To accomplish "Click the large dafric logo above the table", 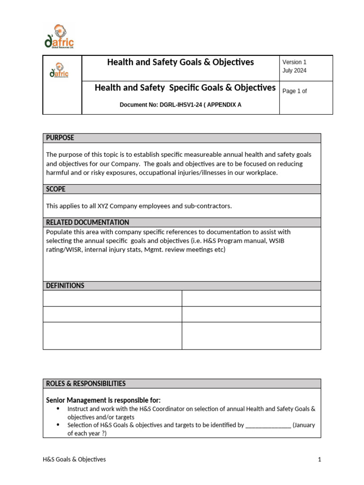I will point(59,37).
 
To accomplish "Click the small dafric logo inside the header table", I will point(59,71).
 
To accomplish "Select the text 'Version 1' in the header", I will point(294,62).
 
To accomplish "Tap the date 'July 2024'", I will point(294,71).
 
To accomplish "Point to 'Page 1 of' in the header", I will point(294,91).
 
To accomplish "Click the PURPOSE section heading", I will point(60,138).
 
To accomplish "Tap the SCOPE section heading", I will point(55,189).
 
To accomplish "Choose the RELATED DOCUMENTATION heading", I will point(87,222).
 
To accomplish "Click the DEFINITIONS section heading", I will point(65,286).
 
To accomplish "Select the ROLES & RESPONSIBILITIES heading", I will point(86,383).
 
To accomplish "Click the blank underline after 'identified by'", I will point(268,425).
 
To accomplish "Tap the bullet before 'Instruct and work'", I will point(58,408).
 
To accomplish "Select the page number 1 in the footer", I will point(319,459).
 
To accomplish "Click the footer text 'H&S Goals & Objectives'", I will point(74,459).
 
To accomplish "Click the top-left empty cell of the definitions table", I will point(112,298).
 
